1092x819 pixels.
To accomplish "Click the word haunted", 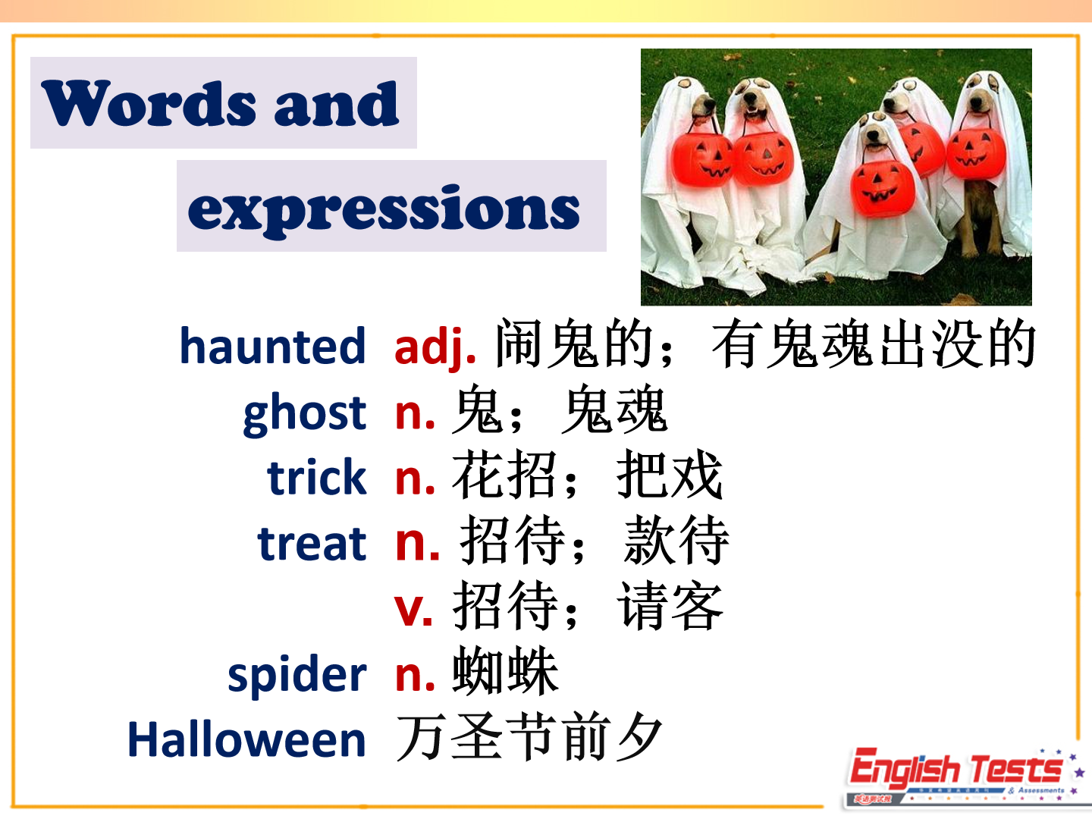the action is coord(273,346).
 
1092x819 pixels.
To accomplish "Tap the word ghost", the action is coord(304,414).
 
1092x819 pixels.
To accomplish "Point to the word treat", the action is coord(312,544).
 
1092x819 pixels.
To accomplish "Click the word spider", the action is coord(297,675).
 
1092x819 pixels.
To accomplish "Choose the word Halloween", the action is coord(246,739).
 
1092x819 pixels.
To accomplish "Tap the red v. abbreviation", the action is coord(413,610).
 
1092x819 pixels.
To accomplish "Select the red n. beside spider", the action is coord(416,677).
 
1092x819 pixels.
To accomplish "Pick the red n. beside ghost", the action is coord(416,415).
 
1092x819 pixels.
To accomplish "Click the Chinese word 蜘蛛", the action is coord(506,671).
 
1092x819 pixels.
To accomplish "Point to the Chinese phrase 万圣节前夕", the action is coord(529,737).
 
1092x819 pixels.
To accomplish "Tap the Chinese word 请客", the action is coord(670,606).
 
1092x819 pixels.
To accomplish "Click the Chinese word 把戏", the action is coord(670,475).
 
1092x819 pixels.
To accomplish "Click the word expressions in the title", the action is coord(384,210).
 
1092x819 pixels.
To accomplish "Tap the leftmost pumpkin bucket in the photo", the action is coord(701,158).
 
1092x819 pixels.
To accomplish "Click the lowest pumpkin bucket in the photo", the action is coord(882,188).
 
